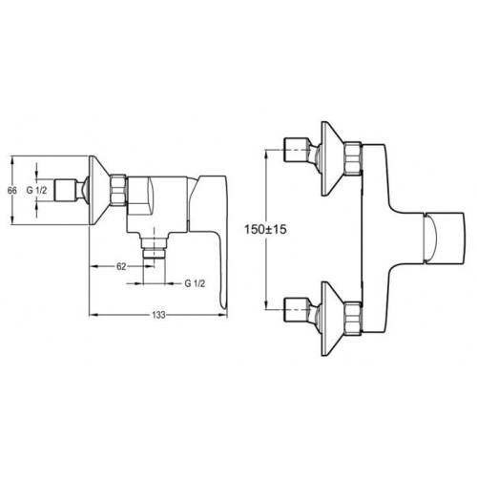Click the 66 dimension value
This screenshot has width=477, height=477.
coord(12,191)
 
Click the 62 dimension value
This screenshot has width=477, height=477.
coord(121,267)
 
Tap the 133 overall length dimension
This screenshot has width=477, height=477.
coord(158,315)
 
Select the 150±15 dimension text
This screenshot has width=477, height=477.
coord(265,229)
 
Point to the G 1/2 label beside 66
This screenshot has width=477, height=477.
coord(36,191)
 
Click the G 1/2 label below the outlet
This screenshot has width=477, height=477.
coord(195,283)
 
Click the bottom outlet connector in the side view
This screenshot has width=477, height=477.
coord(154,248)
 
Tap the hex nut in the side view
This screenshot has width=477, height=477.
coord(118,191)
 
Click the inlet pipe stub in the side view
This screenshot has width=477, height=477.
coord(70,191)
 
